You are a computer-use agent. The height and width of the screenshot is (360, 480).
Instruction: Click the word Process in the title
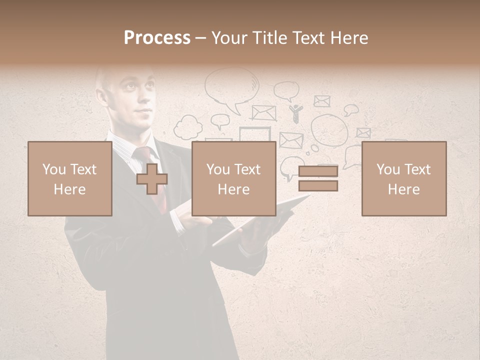click(157, 38)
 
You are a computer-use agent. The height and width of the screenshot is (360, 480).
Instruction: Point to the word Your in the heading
click(230, 38)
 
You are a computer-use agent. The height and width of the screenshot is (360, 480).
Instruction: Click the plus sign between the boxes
click(152, 179)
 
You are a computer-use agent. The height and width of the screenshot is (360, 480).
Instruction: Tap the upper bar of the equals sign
click(318, 171)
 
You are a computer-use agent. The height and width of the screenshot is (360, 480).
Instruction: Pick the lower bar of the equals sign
click(318, 185)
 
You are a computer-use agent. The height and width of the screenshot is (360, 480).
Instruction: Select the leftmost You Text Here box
click(70, 178)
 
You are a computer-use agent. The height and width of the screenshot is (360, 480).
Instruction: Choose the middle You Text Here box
click(234, 178)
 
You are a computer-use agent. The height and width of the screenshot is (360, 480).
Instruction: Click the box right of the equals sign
click(404, 178)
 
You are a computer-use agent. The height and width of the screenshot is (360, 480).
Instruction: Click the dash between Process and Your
click(200, 38)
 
